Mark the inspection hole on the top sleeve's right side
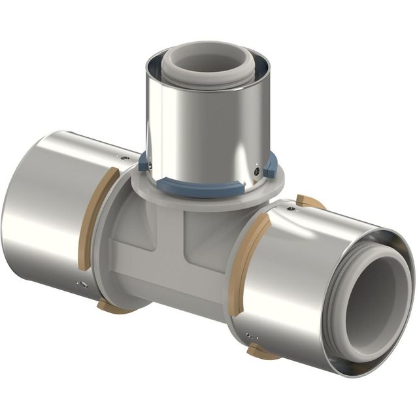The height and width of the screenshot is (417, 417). (257, 172)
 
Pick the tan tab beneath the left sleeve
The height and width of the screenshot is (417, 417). (113, 306)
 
